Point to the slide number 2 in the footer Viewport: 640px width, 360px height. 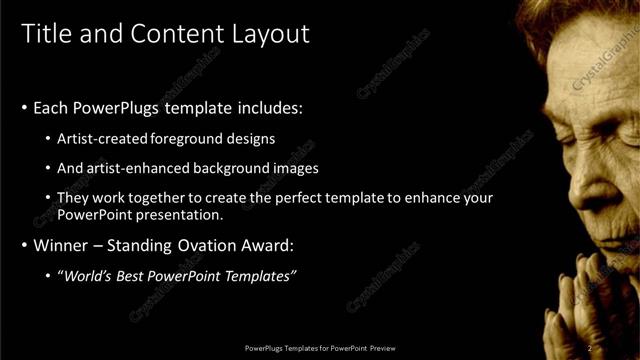[590, 348]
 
